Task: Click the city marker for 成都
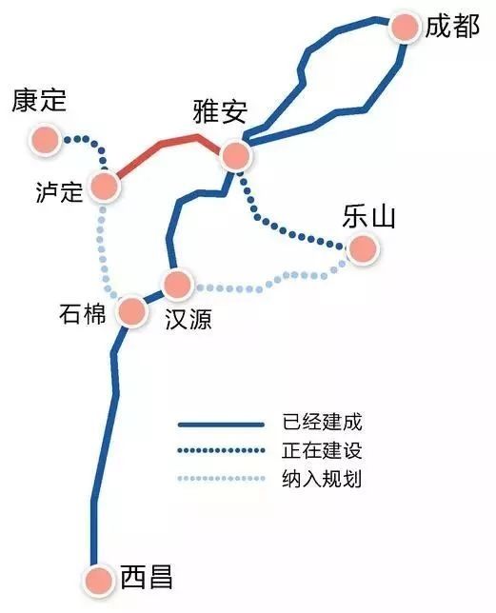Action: click(405, 28)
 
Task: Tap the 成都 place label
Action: click(452, 27)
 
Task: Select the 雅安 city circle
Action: click(235, 155)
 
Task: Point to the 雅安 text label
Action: click(221, 111)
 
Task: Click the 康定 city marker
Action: click(45, 140)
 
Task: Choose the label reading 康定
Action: click(39, 100)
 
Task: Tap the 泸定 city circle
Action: click(105, 187)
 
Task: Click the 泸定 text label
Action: click(59, 191)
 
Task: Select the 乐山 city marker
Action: click(363, 248)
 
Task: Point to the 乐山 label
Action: click(368, 216)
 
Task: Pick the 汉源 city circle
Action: click(178, 285)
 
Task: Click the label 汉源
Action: click(188, 319)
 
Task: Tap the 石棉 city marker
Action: click(132, 311)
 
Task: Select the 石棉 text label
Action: click(83, 314)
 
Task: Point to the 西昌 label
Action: click(147, 577)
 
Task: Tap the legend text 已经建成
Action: click(322, 423)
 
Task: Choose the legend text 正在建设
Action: click(322, 450)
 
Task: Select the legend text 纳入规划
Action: click(322, 479)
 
